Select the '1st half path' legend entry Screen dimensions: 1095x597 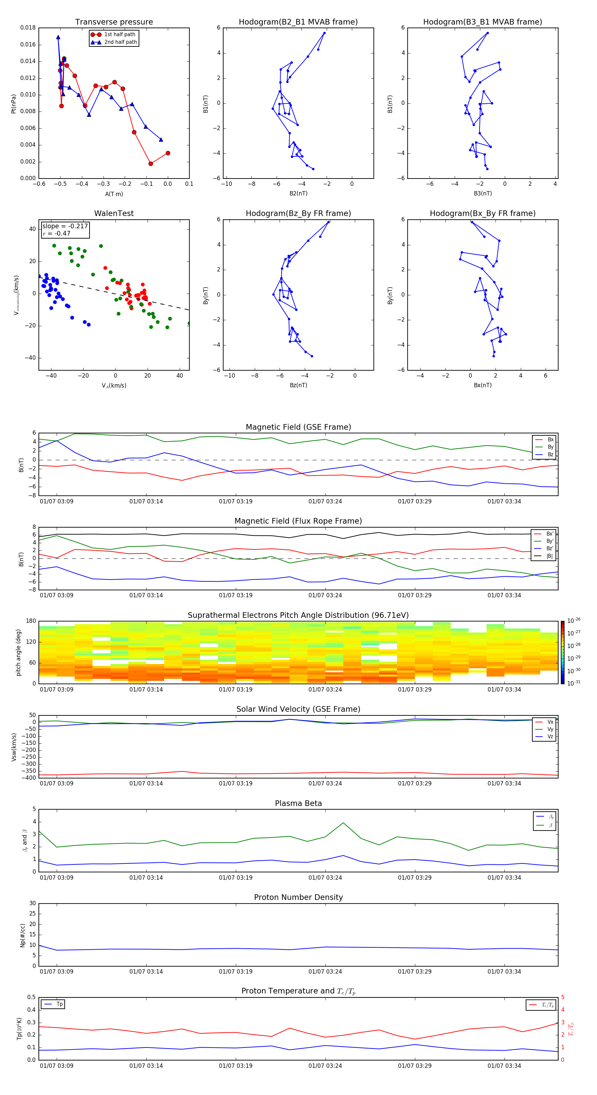[119, 35]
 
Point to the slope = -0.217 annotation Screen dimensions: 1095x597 [65, 226]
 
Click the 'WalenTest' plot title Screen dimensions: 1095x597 [114, 213]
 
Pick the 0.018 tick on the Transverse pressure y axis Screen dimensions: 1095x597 [28, 28]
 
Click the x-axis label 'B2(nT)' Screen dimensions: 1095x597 [298, 193]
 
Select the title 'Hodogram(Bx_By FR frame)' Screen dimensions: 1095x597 [482, 213]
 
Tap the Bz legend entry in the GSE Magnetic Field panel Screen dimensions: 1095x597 [550, 454]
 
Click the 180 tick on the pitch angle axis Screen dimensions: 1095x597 [31, 621]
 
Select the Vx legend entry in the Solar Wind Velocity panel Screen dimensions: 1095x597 [550, 722]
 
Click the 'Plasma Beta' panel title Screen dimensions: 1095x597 [298, 803]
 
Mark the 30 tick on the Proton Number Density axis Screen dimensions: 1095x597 [32, 903]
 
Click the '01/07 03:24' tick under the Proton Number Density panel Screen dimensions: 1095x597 [325, 971]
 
